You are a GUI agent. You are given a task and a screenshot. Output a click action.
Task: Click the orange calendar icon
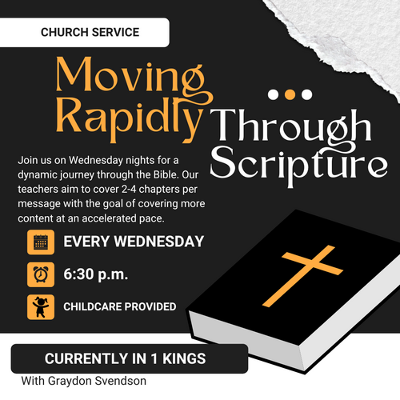coord(41,242)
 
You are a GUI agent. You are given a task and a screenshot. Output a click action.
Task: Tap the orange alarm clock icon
coord(41,274)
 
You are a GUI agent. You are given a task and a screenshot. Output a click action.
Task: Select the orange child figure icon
coord(41,307)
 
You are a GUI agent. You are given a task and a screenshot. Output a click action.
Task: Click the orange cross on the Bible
coord(302,276)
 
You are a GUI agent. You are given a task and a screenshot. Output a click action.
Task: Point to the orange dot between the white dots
coord(290,94)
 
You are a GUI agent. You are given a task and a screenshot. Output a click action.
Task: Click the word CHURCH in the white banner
coord(65,32)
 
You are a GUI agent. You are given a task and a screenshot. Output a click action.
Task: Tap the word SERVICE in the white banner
coord(115,32)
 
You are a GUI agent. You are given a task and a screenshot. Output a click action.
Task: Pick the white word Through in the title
coord(290,126)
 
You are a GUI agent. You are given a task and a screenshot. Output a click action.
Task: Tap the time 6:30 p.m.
coord(96,274)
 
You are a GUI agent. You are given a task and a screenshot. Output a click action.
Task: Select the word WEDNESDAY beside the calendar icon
coord(159,242)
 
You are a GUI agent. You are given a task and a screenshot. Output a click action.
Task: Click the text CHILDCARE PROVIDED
coord(120,306)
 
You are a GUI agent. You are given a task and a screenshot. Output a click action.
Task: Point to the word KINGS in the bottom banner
coord(184,358)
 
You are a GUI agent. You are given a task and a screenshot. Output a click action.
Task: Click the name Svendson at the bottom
coord(121,381)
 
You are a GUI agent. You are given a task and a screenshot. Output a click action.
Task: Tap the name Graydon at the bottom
coord(70,382)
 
